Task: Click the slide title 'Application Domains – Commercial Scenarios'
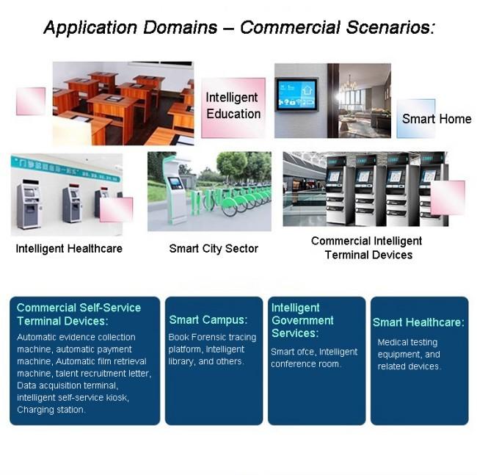click(239, 28)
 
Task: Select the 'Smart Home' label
click(437, 119)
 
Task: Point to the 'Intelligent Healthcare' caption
click(69, 248)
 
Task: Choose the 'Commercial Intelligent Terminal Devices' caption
click(367, 248)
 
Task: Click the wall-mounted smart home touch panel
click(296, 94)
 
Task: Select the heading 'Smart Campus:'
click(208, 319)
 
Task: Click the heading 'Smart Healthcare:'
click(418, 322)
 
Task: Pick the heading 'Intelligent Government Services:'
click(302, 320)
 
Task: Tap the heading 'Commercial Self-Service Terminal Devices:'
click(78, 314)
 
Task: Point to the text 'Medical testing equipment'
click(408, 348)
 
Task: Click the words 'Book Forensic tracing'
click(212, 337)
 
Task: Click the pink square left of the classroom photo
click(31, 101)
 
